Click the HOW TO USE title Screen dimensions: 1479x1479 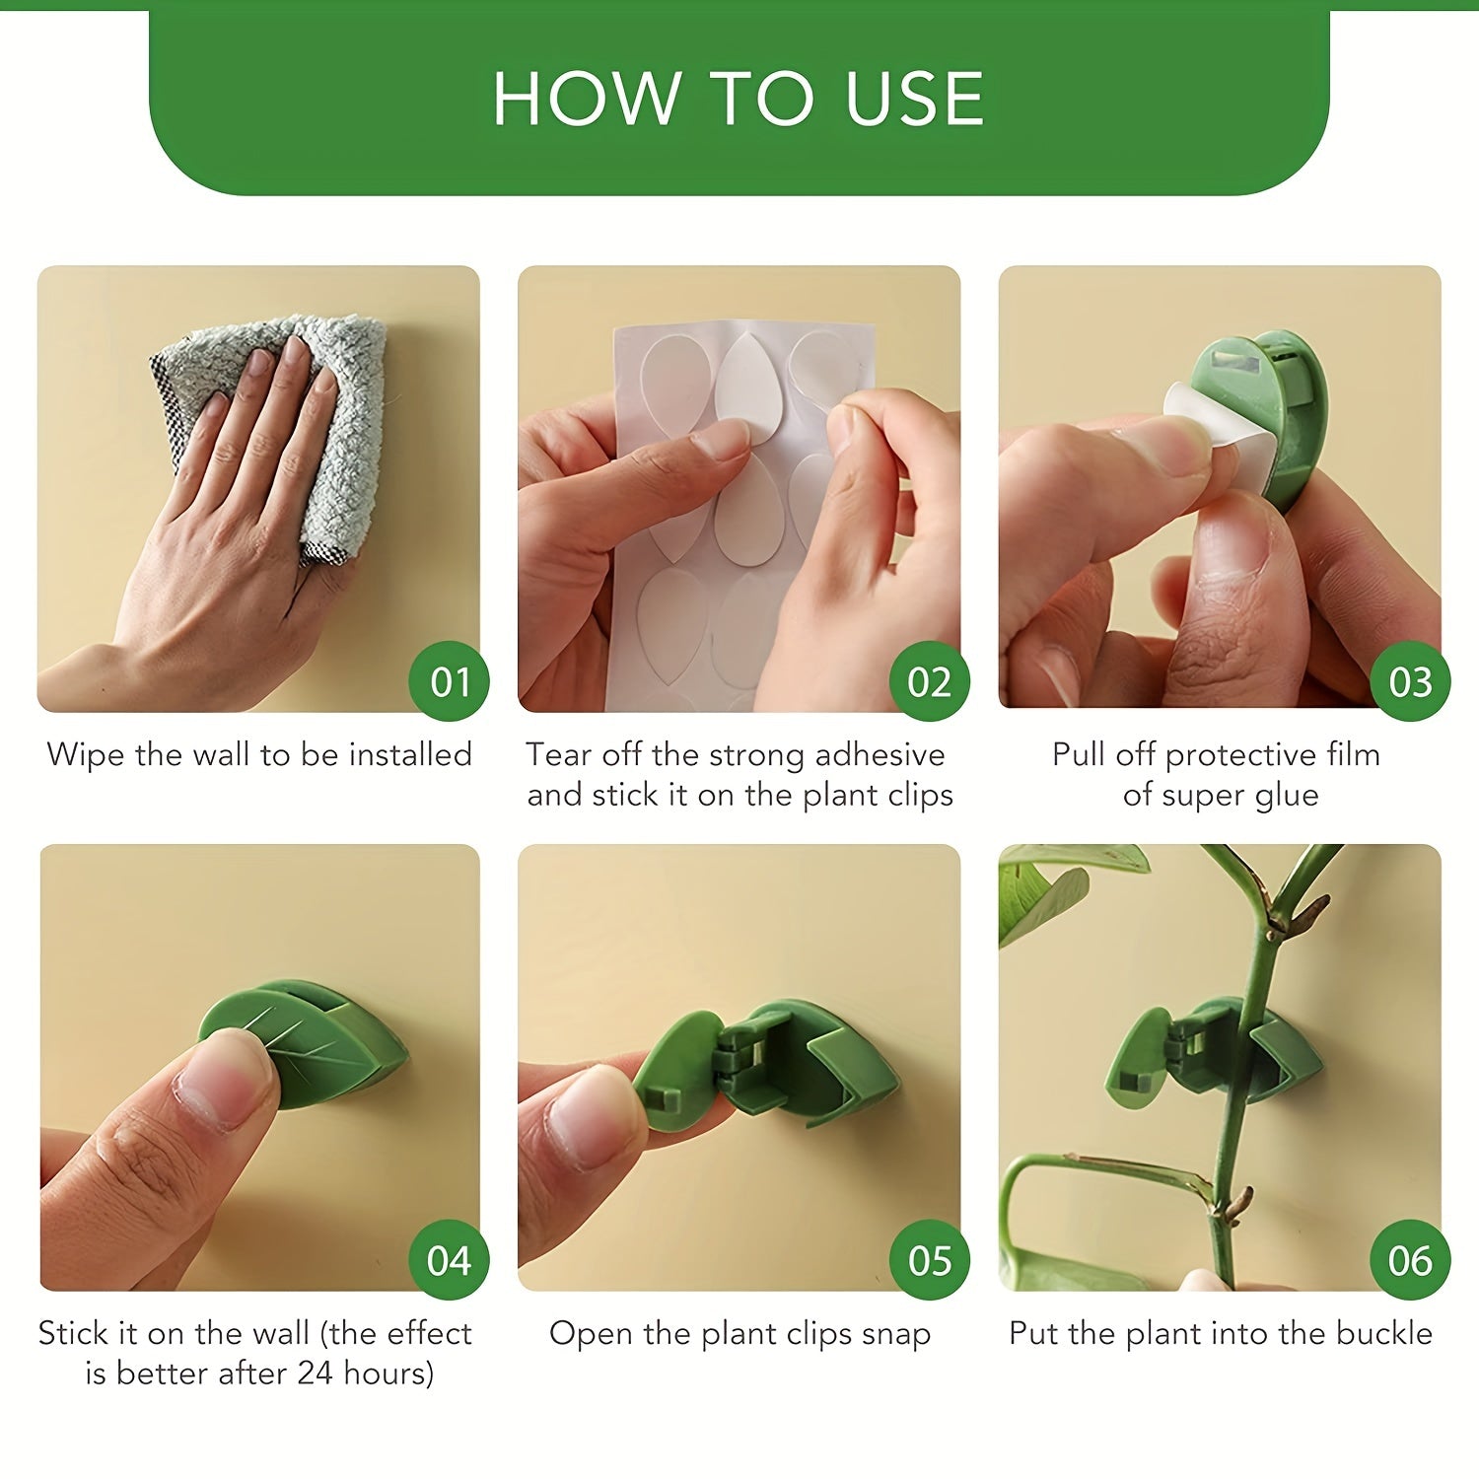tap(739, 99)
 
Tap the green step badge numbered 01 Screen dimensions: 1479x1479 tap(450, 681)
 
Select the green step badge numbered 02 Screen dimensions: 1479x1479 tap(930, 681)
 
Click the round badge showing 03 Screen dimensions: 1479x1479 tap(1410, 681)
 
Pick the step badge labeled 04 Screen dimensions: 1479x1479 tap(450, 1260)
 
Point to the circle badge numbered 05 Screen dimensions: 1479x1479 tap(930, 1260)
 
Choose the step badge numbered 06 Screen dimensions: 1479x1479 tap(1410, 1260)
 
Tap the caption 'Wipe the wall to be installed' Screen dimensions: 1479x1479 tap(259, 754)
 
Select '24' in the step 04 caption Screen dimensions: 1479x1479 tap(315, 1373)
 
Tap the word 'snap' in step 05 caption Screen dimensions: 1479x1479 tap(896, 1334)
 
